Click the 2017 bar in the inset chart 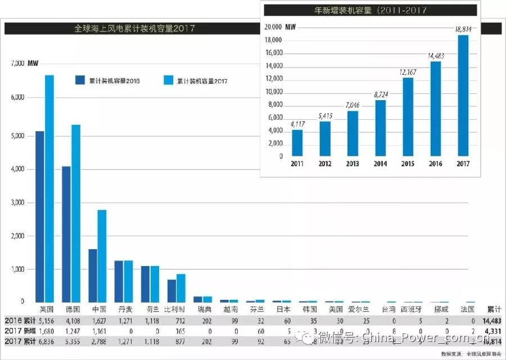pos(463,96)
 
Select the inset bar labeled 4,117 pos(297,143)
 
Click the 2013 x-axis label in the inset pos(352,163)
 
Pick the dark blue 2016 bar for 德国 pos(66,234)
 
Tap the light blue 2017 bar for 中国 pos(102,256)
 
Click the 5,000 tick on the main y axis pos(18,136)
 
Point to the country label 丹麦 pos(126,309)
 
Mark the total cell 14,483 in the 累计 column pos(491,320)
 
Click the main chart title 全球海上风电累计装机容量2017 pos(134,28)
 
